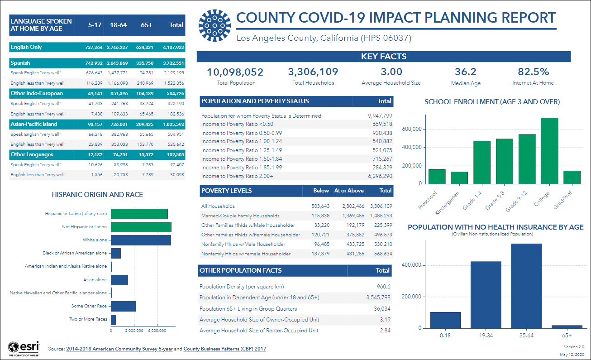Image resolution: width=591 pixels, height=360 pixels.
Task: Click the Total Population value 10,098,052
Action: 235,72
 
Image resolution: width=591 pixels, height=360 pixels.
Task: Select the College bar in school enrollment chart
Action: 550,151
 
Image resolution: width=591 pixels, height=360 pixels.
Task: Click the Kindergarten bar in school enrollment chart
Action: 459,178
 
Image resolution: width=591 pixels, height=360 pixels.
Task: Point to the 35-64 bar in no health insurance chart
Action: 526,286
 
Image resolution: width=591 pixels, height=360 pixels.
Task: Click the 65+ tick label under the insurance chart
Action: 567,336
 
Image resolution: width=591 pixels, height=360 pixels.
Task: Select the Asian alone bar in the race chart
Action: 119,280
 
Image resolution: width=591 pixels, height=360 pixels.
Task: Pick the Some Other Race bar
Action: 123,306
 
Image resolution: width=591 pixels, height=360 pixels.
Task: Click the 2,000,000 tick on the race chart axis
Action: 134,331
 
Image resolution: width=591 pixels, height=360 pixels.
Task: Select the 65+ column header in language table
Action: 147,25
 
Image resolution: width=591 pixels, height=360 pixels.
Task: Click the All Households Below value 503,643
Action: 319,206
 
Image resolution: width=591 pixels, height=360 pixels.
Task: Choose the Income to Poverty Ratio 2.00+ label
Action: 237,176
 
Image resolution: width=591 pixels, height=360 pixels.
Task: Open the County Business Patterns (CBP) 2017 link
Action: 225,349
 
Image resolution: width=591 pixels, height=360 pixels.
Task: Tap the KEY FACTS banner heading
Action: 383,57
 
